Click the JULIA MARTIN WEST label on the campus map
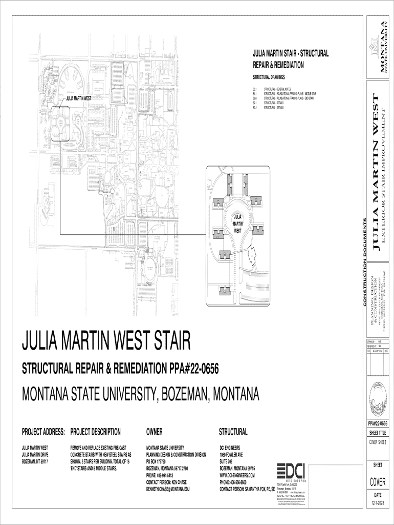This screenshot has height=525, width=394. [x=78, y=97]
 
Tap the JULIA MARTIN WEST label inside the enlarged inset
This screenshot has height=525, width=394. [x=237, y=224]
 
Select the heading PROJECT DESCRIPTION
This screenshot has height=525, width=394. [x=95, y=432]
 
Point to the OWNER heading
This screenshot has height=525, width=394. [x=155, y=432]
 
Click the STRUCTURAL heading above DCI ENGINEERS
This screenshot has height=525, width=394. [x=233, y=432]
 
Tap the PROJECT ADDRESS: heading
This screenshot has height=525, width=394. [x=43, y=432]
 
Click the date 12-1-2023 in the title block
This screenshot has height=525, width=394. [x=378, y=503]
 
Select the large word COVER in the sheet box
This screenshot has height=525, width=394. [x=378, y=482]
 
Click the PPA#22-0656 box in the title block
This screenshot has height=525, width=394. [x=378, y=423]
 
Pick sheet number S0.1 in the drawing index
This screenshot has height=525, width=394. [x=255, y=89]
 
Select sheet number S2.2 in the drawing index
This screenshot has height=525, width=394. [x=255, y=108]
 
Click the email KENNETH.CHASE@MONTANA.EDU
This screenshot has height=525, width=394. [x=168, y=489]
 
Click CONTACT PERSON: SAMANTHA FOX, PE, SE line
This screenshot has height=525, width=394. [x=247, y=489]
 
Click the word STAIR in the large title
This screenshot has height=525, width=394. [x=167, y=340]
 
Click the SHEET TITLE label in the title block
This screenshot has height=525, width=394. [x=378, y=432]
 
